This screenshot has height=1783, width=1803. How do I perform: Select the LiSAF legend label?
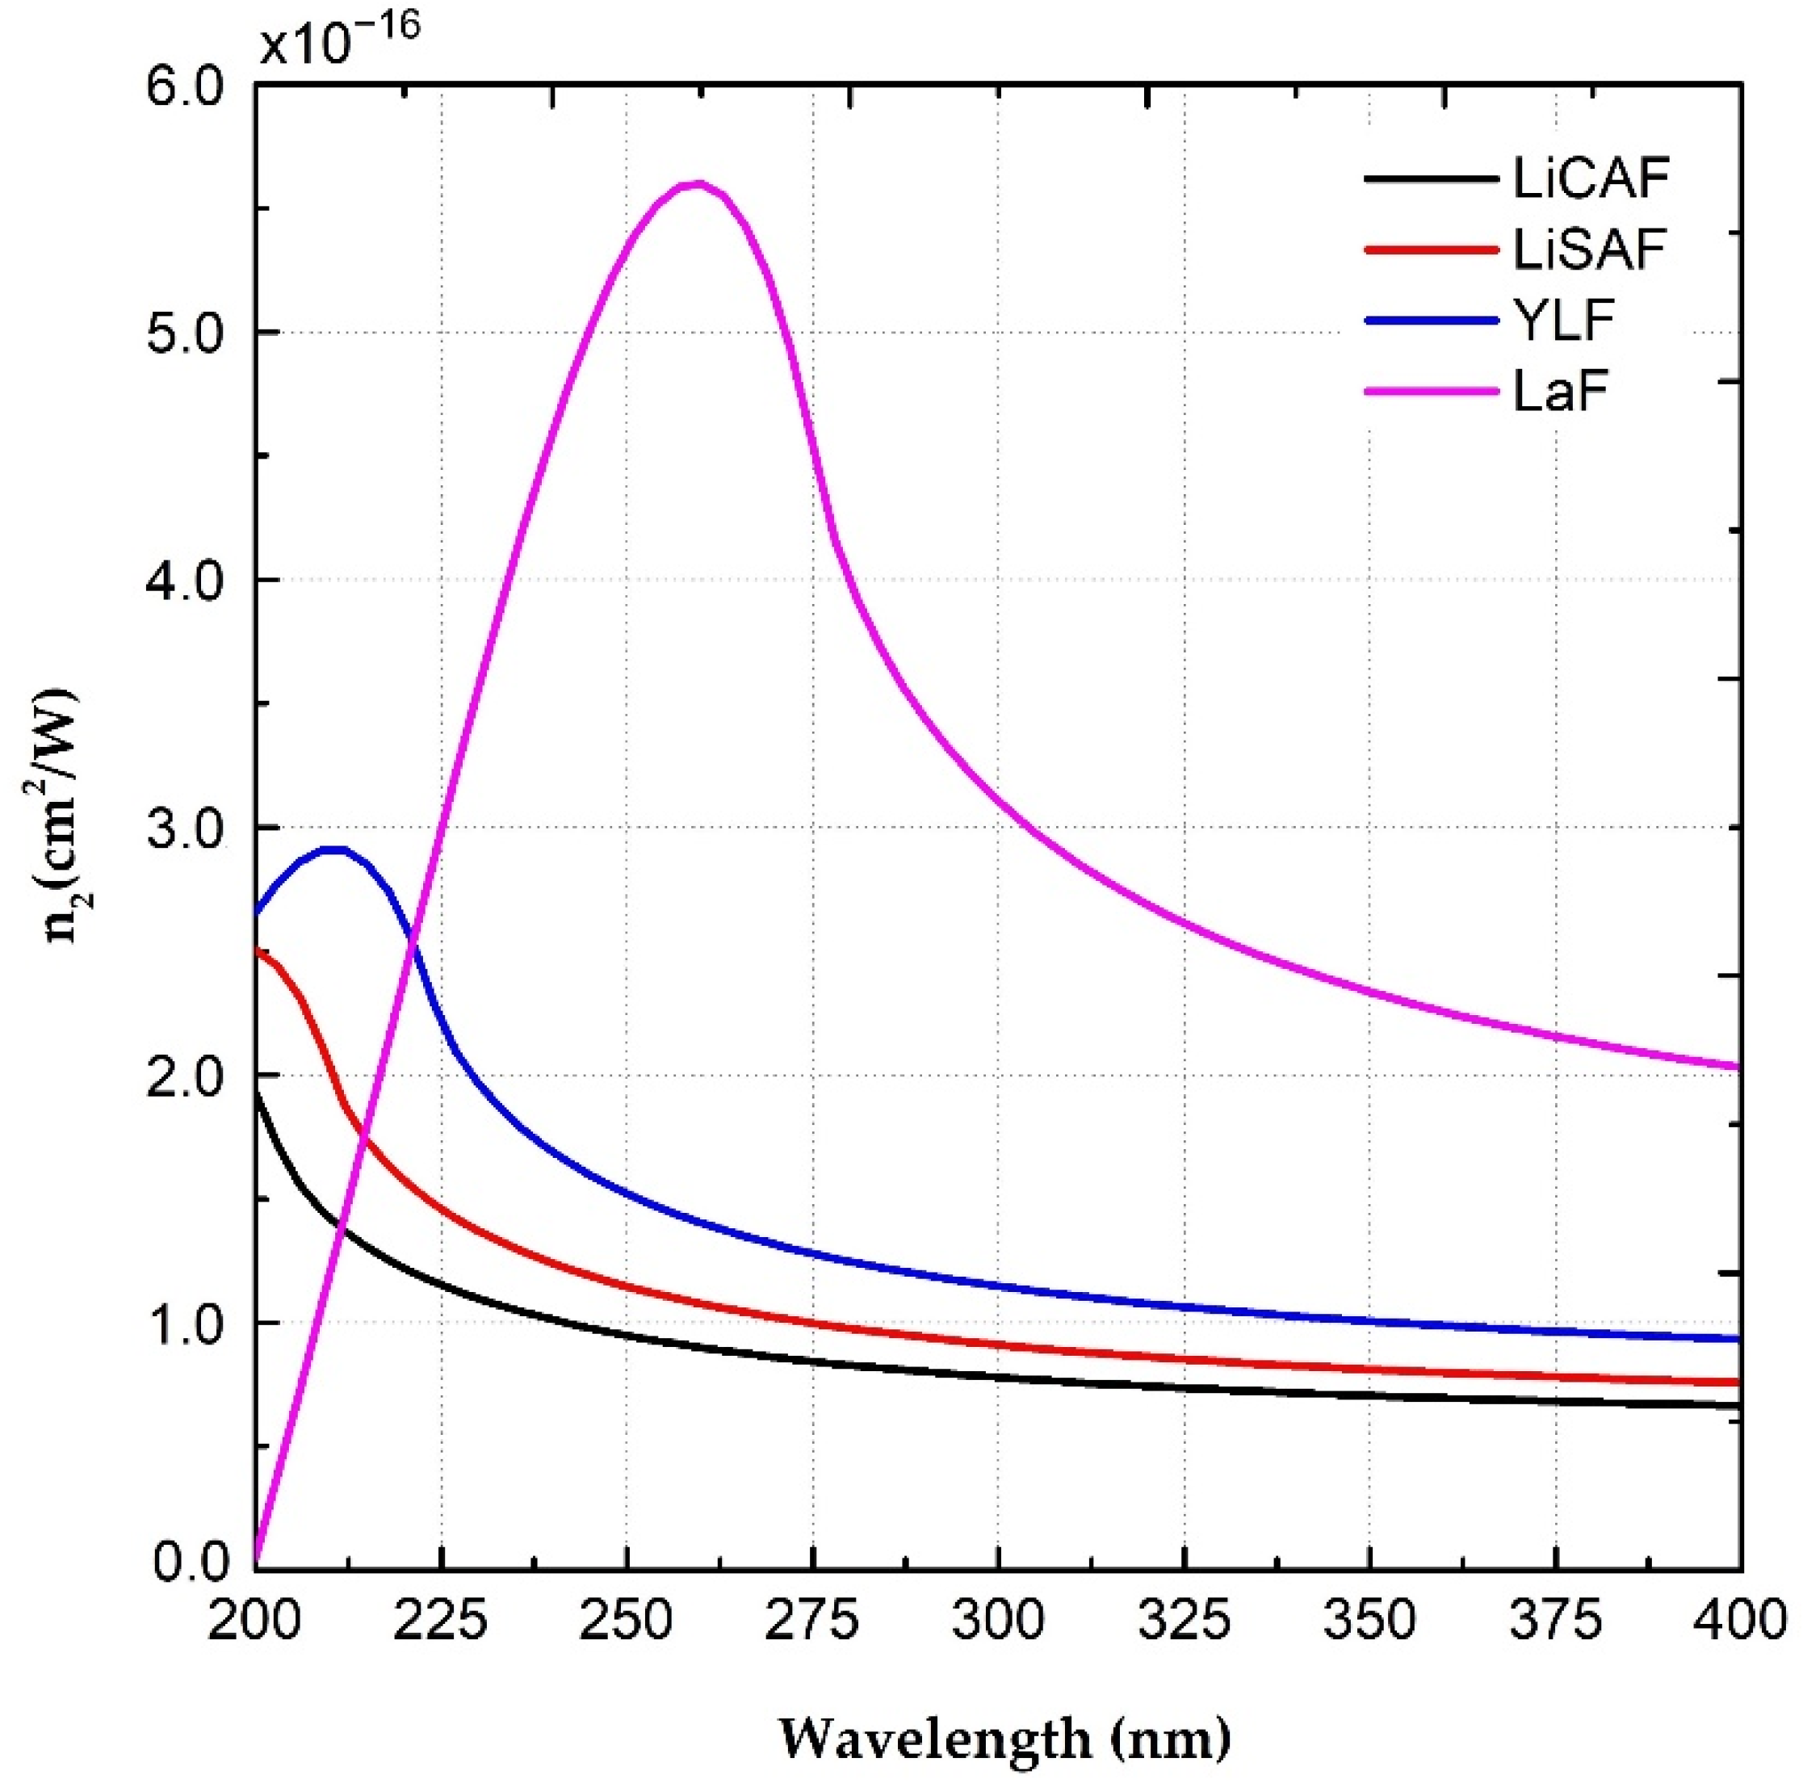[x=1590, y=249]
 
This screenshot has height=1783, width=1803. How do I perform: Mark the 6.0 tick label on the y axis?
[x=186, y=85]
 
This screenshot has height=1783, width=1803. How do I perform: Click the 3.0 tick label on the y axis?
[x=186, y=828]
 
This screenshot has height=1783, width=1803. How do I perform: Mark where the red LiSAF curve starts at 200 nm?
[x=257, y=950]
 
